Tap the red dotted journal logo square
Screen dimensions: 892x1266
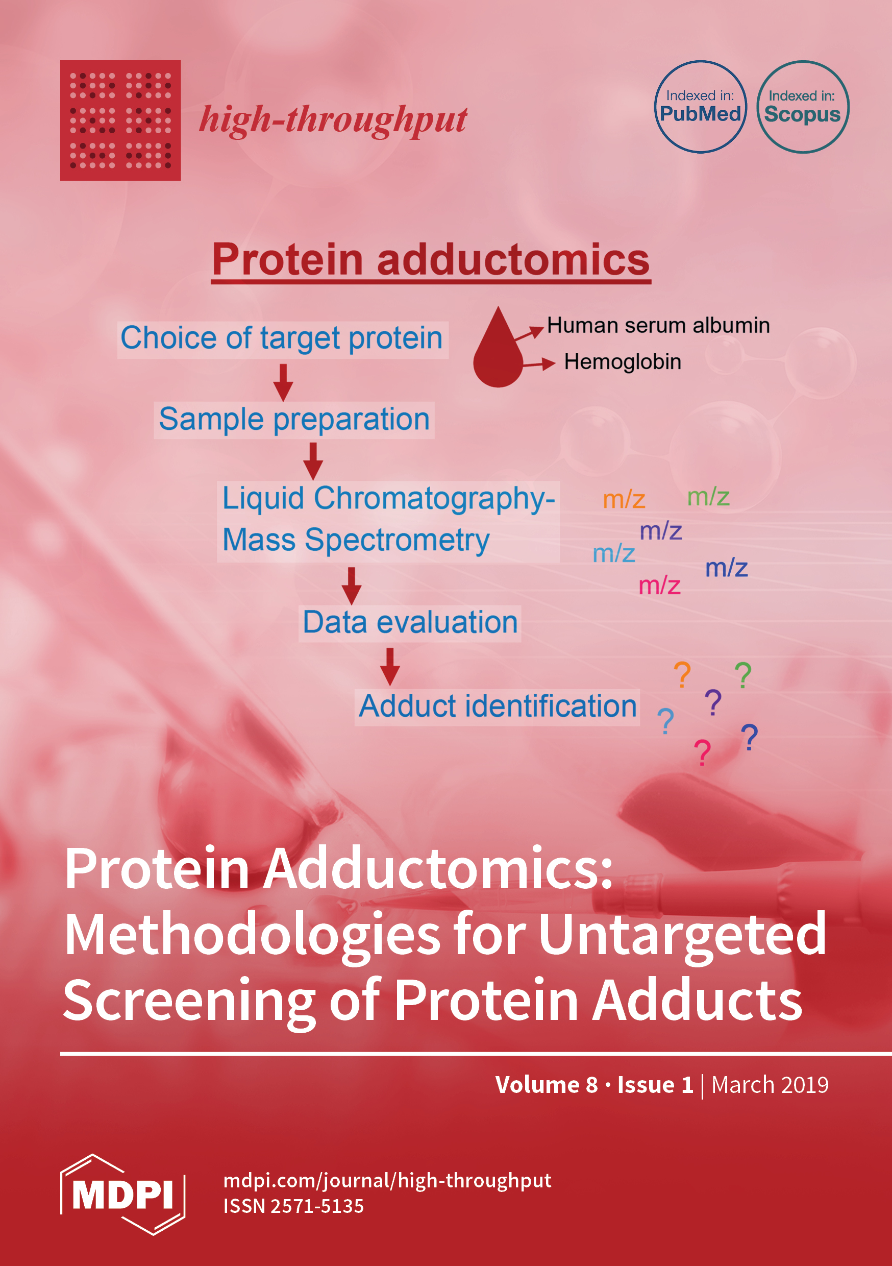coord(120,120)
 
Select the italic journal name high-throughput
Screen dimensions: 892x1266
coord(333,119)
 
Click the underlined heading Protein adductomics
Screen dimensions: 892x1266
coord(431,261)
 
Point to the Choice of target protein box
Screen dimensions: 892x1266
coord(282,339)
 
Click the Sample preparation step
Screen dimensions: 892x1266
coord(294,420)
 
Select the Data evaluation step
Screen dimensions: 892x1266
coord(410,623)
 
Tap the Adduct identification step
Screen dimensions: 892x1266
coord(497,707)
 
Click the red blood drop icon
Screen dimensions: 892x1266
coord(498,349)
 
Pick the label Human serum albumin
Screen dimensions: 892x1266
coord(658,326)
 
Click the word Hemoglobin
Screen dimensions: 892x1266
coord(623,362)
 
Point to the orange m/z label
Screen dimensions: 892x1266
coord(624,500)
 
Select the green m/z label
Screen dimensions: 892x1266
coord(708,497)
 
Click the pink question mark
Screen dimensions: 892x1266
coord(702,753)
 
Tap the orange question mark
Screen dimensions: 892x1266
coord(682,675)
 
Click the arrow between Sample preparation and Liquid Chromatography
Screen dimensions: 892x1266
coord(313,461)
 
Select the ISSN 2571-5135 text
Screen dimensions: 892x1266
coord(293,1206)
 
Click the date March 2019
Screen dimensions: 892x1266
coord(770,1085)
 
